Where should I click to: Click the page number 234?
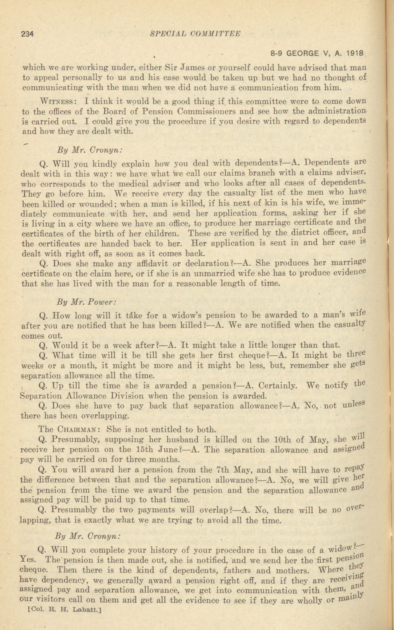(x=27, y=34)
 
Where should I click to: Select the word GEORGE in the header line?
(x=303, y=54)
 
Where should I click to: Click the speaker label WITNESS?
(x=57, y=101)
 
